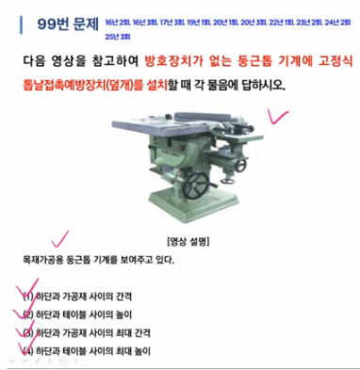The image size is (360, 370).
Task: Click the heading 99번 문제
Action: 60,23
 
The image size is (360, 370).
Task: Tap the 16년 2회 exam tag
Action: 121,19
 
